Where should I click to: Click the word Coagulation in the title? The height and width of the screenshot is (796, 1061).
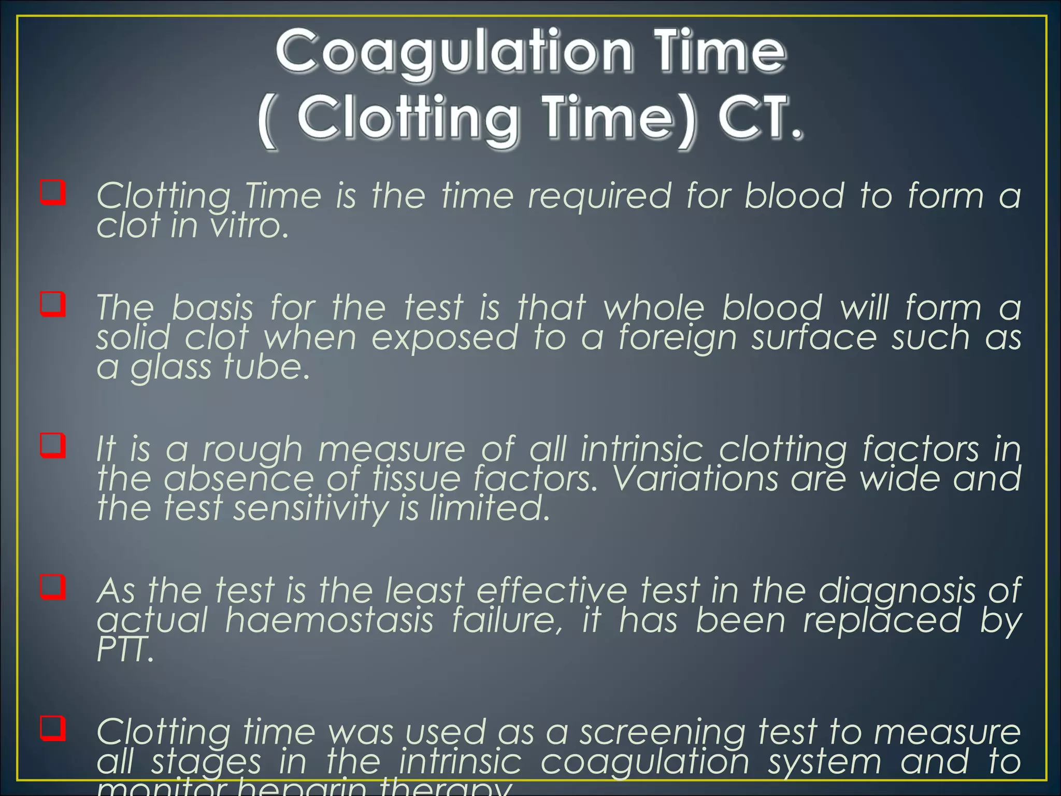[453, 52]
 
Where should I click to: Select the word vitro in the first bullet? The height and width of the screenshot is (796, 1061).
[248, 226]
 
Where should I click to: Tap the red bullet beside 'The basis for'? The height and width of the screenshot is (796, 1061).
[53, 305]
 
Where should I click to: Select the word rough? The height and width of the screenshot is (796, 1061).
[252, 450]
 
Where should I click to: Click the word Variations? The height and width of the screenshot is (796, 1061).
[695, 478]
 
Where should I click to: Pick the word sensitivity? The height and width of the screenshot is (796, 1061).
[310, 508]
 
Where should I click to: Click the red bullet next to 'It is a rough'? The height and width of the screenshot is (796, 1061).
[53, 446]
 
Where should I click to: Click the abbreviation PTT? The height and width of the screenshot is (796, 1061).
[125, 650]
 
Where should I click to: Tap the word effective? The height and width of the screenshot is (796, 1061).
[551, 591]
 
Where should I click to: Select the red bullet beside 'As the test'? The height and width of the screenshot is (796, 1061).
[53, 587]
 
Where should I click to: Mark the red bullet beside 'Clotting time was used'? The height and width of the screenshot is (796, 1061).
[53, 729]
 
